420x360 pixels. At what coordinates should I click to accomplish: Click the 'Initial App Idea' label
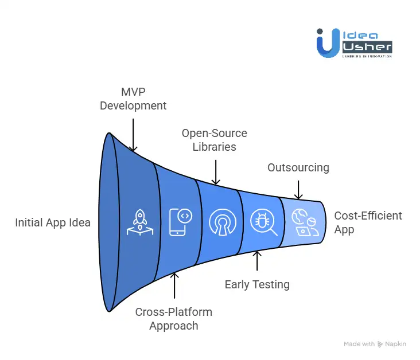click(53, 222)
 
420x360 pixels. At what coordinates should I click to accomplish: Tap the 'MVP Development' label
click(133, 99)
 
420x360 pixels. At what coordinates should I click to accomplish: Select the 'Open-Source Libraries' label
click(215, 140)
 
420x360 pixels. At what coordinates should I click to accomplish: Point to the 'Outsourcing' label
click(298, 167)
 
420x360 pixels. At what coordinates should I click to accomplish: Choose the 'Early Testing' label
click(257, 284)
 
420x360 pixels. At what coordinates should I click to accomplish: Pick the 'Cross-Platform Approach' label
click(174, 319)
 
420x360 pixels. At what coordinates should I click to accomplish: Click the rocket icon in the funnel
click(139, 222)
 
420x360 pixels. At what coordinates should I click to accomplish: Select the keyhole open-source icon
click(222, 222)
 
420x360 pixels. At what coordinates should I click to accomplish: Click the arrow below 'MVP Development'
click(133, 134)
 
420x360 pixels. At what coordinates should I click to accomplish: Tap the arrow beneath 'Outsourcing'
click(298, 190)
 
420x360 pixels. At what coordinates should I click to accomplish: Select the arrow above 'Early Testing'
click(257, 261)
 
